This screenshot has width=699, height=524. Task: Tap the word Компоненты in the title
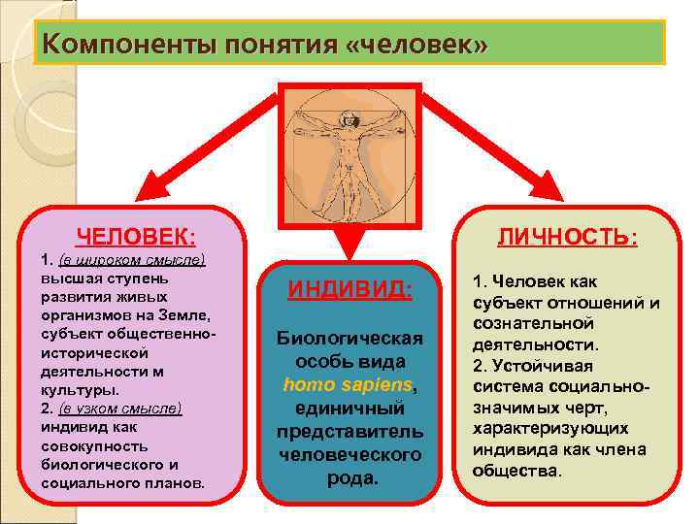pos(126,45)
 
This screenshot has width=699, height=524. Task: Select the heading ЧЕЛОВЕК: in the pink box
pos(136,237)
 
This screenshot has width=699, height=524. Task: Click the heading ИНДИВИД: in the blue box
pos(350,290)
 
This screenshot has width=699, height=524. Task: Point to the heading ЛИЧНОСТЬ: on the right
pos(568,238)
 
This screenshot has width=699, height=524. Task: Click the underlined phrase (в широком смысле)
pos(132,260)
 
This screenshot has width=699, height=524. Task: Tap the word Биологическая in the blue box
pos(350,338)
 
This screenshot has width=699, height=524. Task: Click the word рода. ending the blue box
pos(350,478)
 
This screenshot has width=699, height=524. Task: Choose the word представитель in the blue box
pos(350,431)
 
